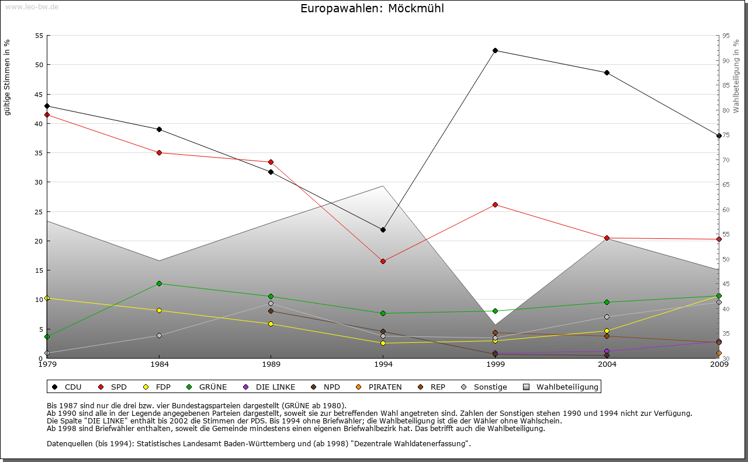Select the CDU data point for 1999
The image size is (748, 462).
[x=495, y=50]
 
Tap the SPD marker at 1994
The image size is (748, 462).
[x=383, y=261]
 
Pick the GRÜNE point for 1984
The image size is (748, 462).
[x=159, y=283]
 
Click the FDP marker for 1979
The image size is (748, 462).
[x=47, y=298]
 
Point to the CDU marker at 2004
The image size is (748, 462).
[x=607, y=72]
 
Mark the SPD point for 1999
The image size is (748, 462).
[x=495, y=204]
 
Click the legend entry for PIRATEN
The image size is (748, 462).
[x=378, y=387]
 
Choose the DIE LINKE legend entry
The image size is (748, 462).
[x=270, y=387]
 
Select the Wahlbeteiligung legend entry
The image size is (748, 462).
[x=561, y=387]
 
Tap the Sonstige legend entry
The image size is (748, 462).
[x=485, y=387]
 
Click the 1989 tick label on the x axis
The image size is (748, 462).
[x=271, y=365]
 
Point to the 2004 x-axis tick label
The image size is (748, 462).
[x=607, y=365]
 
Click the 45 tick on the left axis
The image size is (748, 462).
[x=39, y=94]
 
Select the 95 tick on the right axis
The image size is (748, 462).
[x=726, y=36]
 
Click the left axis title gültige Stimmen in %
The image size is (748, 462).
[x=8, y=77]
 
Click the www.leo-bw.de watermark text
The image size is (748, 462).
[x=31, y=6]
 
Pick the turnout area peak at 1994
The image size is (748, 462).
[x=383, y=186]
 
